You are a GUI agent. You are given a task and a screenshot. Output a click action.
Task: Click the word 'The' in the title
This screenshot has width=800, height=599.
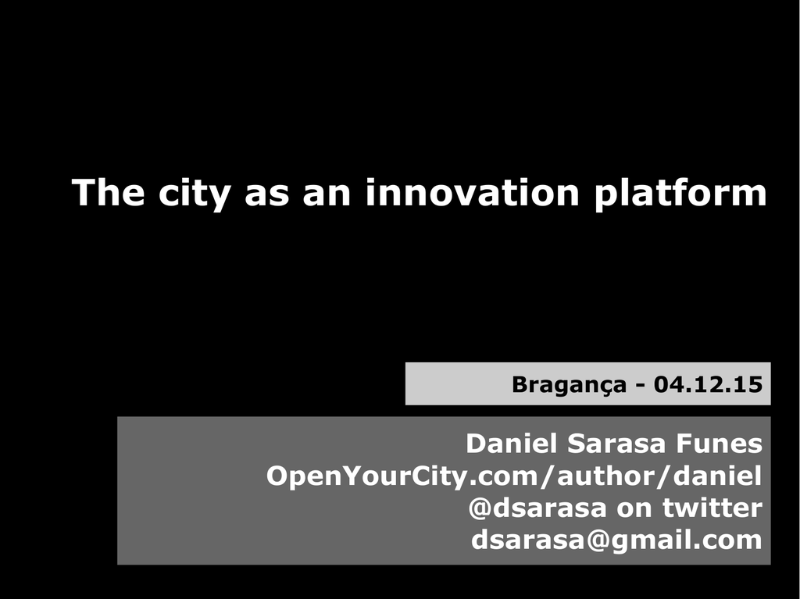[108, 192]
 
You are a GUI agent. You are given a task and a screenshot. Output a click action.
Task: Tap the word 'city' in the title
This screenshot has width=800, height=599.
[195, 194]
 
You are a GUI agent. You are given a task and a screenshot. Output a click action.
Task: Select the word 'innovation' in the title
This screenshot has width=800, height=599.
[473, 192]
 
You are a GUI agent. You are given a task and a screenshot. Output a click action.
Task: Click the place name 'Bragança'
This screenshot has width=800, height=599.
[569, 385]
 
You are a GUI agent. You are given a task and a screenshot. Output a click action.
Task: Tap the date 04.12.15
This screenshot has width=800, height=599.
[708, 384]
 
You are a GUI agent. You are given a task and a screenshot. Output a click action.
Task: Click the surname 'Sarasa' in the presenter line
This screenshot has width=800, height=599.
[617, 444]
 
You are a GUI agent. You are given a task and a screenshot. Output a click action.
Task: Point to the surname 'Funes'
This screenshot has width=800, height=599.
[720, 444]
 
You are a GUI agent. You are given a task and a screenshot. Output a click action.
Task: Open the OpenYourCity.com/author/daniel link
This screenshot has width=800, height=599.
[514, 476]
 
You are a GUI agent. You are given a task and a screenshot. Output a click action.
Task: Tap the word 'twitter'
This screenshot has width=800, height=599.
[712, 508]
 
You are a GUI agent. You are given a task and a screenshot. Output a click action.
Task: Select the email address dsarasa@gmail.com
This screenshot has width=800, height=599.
[616, 540]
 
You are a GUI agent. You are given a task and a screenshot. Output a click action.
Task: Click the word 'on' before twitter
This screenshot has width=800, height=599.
[634, 510]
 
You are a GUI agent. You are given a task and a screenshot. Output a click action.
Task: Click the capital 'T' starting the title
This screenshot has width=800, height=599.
[83, 192]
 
